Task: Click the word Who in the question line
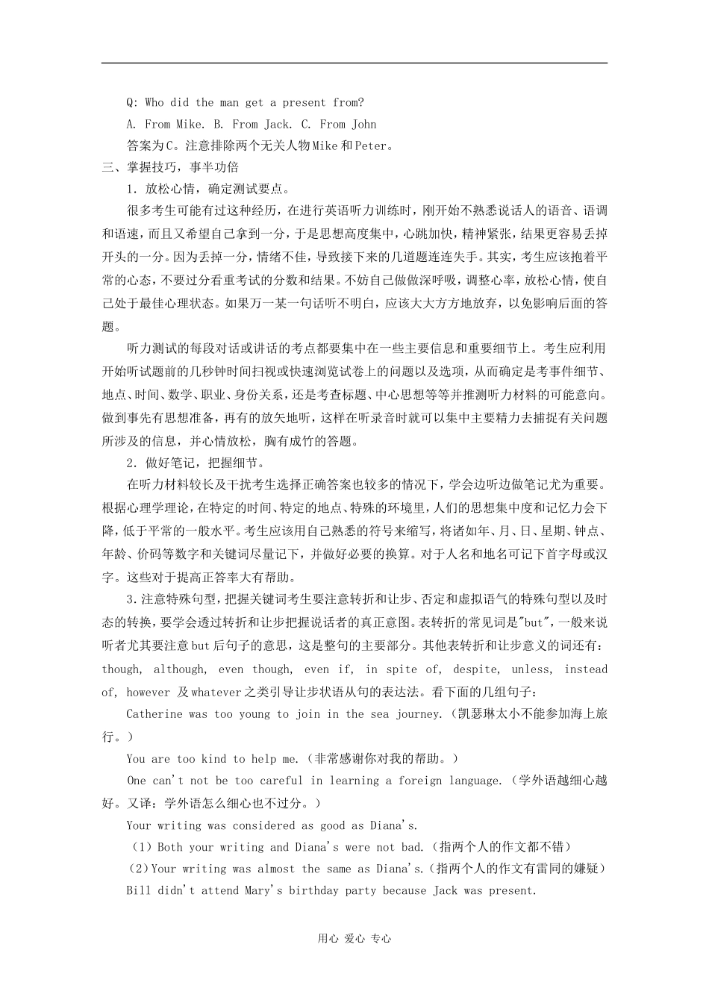pyautogui.click(x=154, y=102)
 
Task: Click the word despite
pyautogui.click(x=475, y=669)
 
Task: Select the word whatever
pyautogui.click(x=216, y=692)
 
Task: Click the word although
pyautogui.click(x=180, y=669)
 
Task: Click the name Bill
pyautogui.click(x=139, y=890)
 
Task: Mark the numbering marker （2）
pyautogui.click(x=139, y=869)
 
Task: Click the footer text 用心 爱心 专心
pyautogui.click(x=354, y=939)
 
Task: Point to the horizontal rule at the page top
pyautogui.click(x=354, y=63)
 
